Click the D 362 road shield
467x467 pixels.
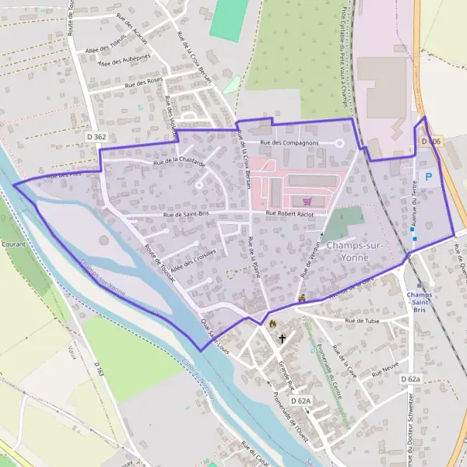tap(96, 137)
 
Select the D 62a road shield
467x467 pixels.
tap(410, 379)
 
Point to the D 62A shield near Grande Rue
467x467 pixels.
tap(300, 400)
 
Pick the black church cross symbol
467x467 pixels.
tap(282, 339)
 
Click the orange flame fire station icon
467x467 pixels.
tap(272, 323)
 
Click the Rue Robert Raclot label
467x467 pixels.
tap(290, 212)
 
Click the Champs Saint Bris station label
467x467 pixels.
tap(420, 302)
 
